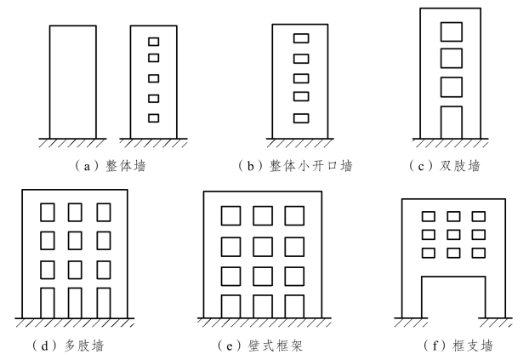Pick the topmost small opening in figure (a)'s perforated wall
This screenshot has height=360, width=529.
pos(153,41)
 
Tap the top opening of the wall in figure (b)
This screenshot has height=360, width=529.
pos(301,38)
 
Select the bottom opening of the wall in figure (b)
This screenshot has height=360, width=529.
pos(301,117)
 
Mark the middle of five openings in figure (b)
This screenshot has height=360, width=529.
pos(301,77)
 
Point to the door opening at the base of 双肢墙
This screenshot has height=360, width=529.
pos(451,122)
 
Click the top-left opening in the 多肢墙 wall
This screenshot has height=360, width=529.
pos(47,211)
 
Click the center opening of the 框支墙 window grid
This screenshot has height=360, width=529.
pos(453,234)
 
